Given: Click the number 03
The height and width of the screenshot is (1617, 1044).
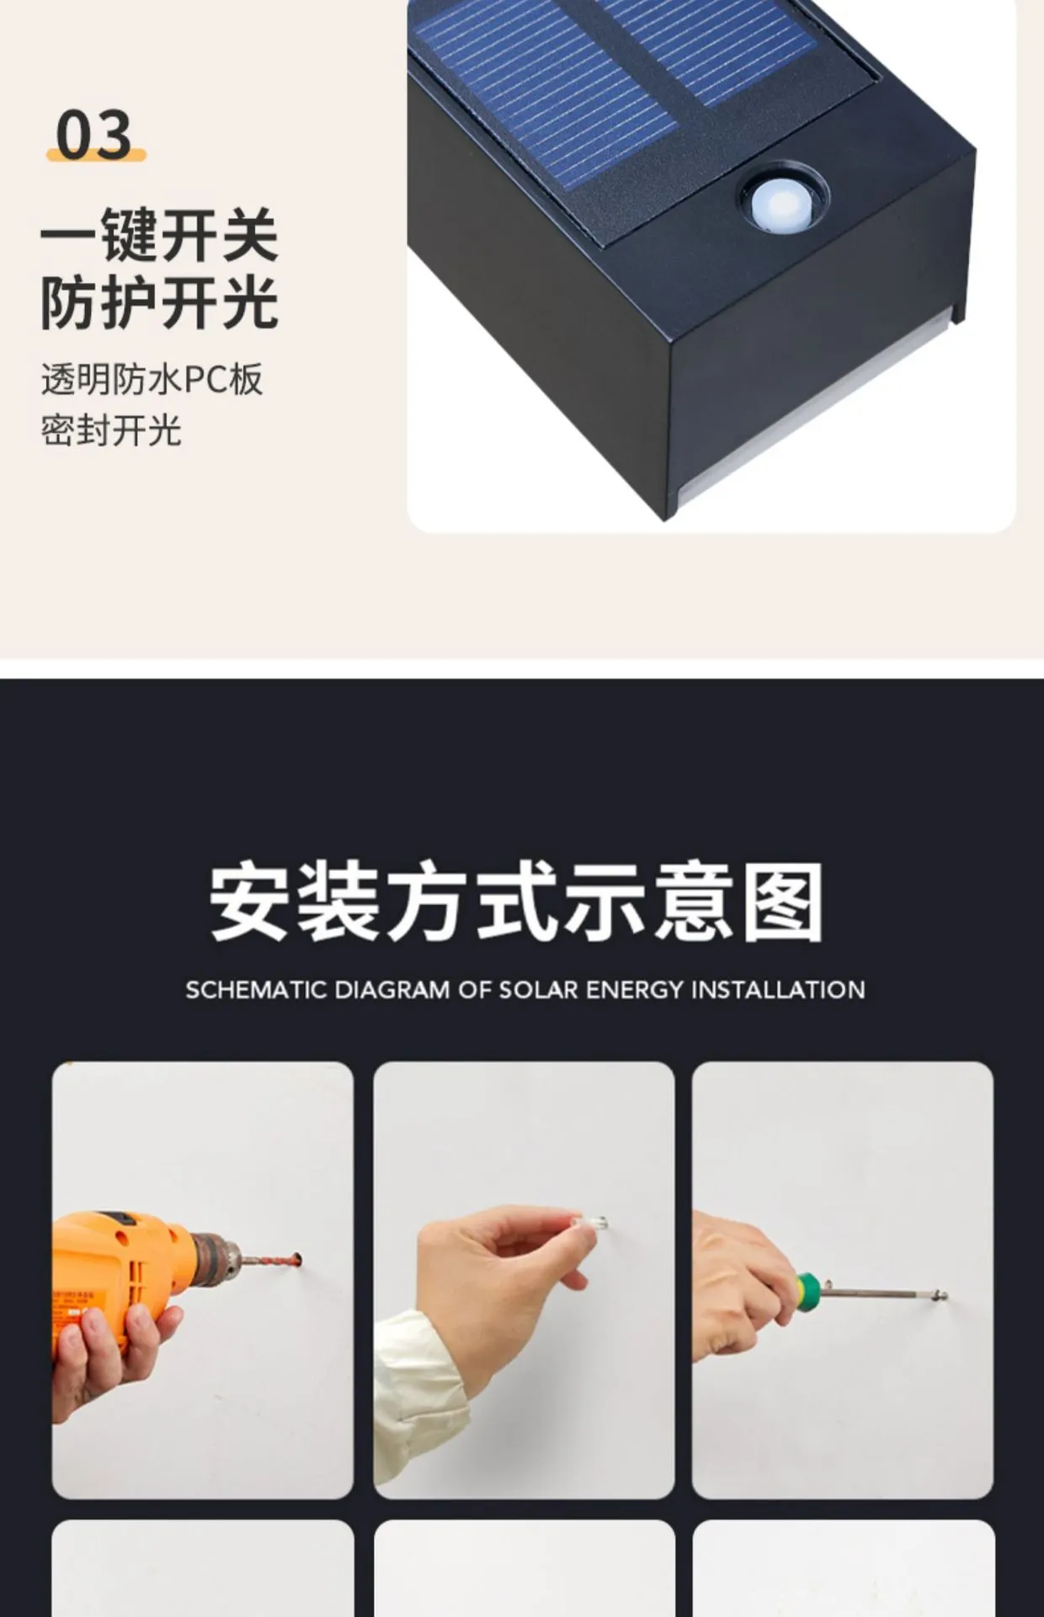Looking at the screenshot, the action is point(94,134).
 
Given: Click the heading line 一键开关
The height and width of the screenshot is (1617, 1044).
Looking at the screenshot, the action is point(159,236).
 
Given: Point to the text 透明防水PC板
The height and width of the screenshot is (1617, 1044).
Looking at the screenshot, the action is point(152,380).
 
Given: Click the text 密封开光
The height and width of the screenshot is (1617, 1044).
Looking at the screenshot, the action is point(111,430).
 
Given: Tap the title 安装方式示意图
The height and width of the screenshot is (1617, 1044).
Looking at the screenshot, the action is point(516,901).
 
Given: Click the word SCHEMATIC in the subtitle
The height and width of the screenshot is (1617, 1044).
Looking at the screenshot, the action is point(256,990).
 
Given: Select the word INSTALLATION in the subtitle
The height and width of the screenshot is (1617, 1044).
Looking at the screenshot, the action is point(778,990).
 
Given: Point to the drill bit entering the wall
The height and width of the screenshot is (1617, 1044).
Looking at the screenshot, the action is point(269,1261).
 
